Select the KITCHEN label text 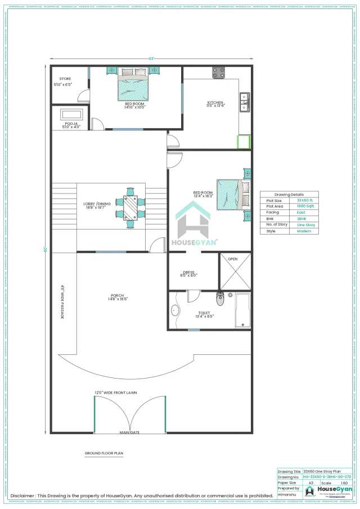click(215, 102)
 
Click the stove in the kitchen click(218, 73)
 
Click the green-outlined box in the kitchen click(243, 142)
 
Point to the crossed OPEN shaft click(235, 271)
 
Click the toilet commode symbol click(220, 298)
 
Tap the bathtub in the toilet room click(243, 310)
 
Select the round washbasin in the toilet click(174, 310)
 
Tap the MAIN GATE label click(129, 433)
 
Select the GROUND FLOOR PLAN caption click(104, 452)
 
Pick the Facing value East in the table click(301, 213)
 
